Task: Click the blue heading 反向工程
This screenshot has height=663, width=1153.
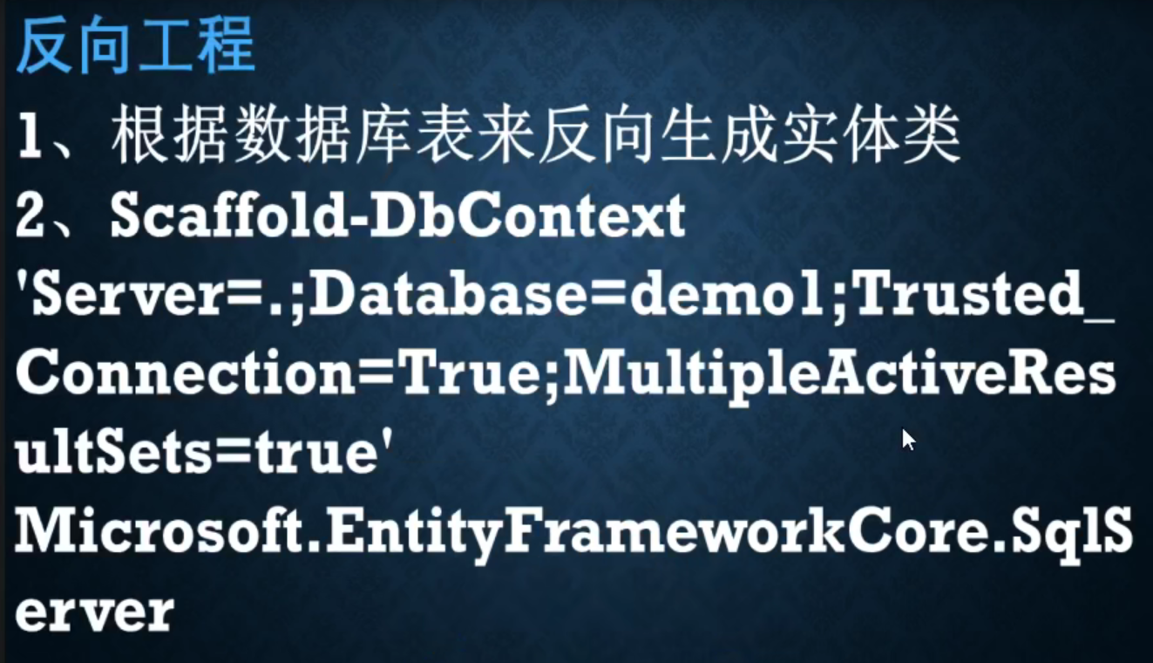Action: (136, 44)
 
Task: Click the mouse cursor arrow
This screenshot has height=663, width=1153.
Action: (908, 440)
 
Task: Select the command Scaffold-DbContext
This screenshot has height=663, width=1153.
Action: (397, 215)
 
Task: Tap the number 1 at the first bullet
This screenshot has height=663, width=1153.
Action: (30, 135)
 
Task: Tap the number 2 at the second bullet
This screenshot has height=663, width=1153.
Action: (30, 215)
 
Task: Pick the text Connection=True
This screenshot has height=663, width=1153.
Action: (277, 373)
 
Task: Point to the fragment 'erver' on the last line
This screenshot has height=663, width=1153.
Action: (95, 612)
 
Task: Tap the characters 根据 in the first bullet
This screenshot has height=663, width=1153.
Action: (169, 135)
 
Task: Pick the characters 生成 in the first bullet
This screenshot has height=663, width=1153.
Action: (720, 135)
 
